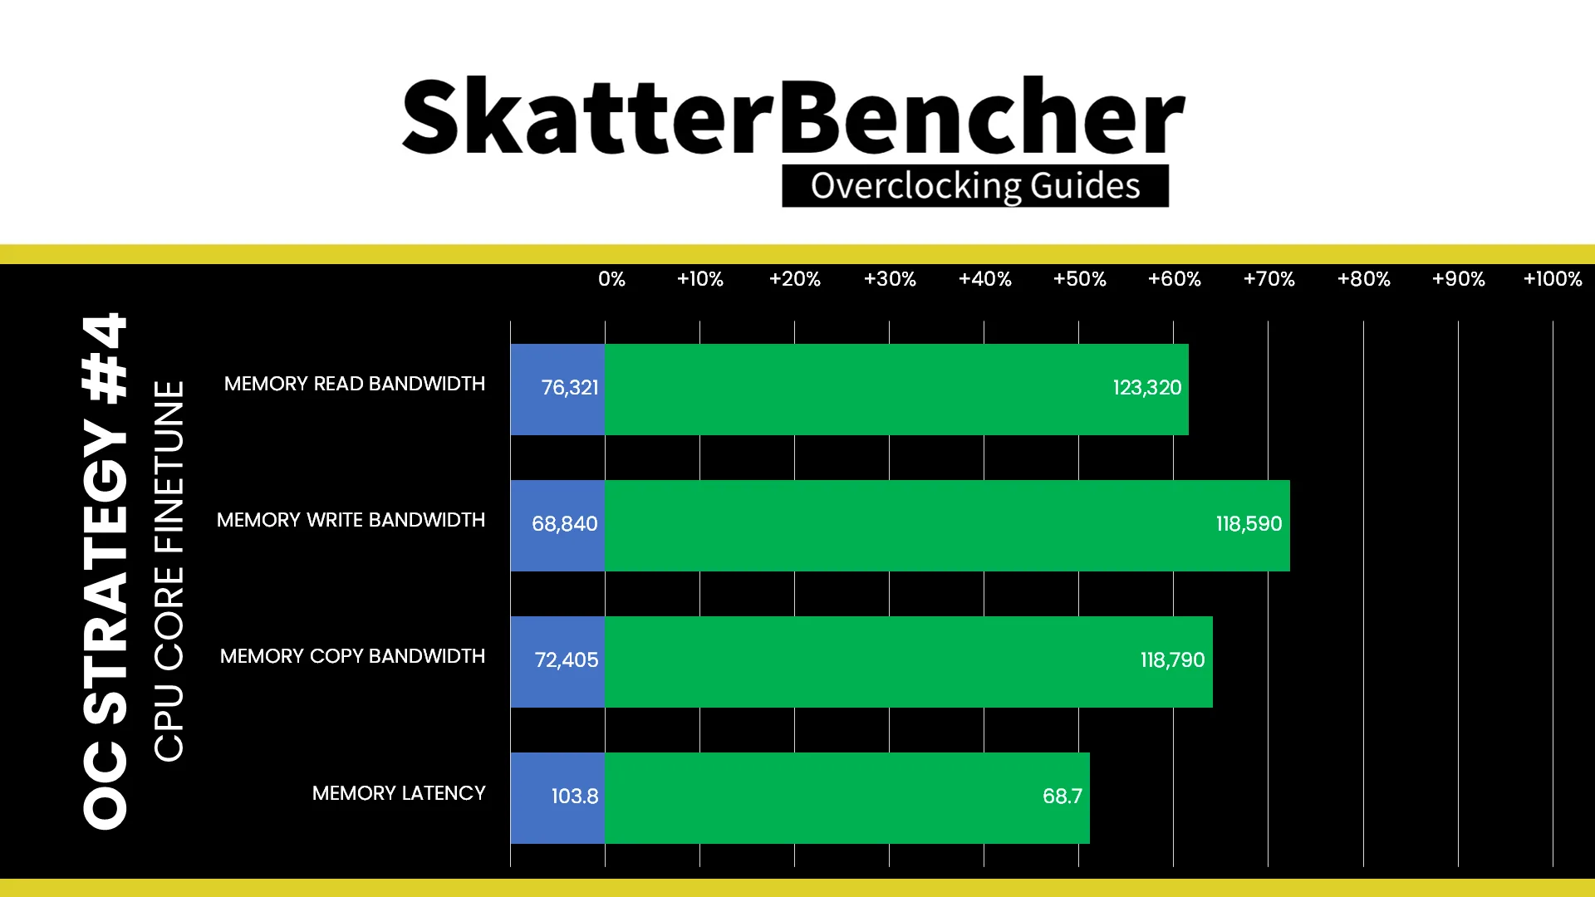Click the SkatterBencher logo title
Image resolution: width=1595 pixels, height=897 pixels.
click(x=793, y=116)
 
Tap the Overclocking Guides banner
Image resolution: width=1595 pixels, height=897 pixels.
click(x=975, y=185)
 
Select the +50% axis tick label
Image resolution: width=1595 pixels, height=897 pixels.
click(x=1079, y=279)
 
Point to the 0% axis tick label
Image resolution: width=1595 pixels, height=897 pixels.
click(x=611, y=279)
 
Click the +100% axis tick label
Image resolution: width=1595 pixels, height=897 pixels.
click(x=1553, y=279)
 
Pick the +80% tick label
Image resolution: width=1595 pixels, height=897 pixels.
click(x=1363, y=279)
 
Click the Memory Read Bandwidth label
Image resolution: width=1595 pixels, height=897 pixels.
click(x=355, y=384)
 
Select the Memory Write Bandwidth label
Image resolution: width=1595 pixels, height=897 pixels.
click(x=351, y=520)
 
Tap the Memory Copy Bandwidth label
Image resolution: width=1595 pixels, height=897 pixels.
click(x=353, y=656)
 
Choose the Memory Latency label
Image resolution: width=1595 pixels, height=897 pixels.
click(x=399, y=793)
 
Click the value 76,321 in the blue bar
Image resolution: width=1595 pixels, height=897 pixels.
click(x=570, y=388)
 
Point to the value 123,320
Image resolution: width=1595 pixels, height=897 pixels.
click(x=1147, y=388)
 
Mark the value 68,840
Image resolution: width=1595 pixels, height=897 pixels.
click(x=565, y=524)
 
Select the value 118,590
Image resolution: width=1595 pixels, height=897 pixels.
click(x=1249, y=524)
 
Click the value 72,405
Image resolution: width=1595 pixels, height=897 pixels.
click(x=567, y=660)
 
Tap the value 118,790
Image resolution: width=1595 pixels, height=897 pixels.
click(x=1172, y=660)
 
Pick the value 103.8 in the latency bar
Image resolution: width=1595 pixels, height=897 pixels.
click(x=575, y=797)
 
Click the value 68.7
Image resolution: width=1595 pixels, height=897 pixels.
click(x=1063, y=797)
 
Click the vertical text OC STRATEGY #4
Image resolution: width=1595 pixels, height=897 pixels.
click(x=106, y=571)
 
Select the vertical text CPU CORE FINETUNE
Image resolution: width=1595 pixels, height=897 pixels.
click(x=169, y=571)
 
